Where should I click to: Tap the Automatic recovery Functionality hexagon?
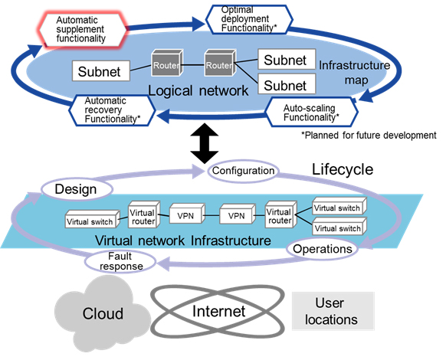pos(113,110)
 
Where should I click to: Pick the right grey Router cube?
pos(218,64)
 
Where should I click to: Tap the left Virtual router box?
pos(143,217)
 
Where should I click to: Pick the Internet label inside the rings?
pos(218,311)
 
